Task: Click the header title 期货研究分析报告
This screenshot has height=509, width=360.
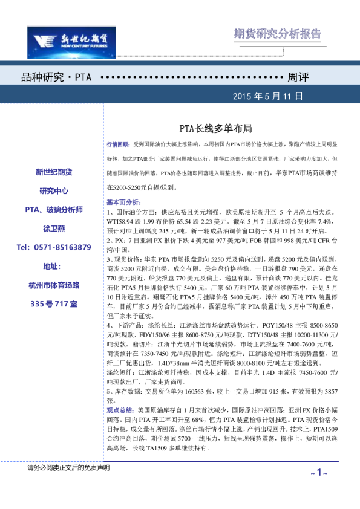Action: [x=277, y=34]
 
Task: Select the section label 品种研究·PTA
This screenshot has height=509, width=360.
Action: [x=56, y=79]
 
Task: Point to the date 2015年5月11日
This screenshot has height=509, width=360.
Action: [x=267, y=97]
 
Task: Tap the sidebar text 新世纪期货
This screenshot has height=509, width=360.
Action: [x=54, y=172]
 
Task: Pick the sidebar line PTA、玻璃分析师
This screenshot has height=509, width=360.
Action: [x=54, y=210]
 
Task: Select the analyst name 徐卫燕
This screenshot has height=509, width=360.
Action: [x=54, y=229]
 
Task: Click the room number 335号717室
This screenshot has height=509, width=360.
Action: [x=54, y=303]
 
